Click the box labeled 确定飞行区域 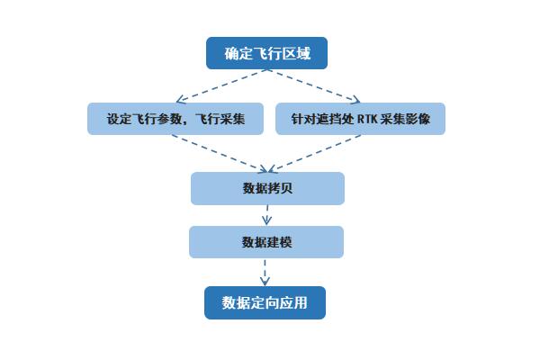pos(266,53)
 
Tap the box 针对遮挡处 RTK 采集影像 pos(360,119)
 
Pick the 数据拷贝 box pos(267,188)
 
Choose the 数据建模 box pos(266,242)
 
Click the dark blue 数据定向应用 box pos(265,302)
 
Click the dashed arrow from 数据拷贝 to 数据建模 pos(266,215)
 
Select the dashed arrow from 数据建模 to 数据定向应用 pos(265,272)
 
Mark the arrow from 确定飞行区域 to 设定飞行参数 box pos(220,85)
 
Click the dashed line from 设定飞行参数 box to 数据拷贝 pos(221,153)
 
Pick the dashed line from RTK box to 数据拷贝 pos(315,153)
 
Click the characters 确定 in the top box pos(234,53)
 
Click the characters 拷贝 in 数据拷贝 pos(280,188)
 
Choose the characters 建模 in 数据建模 pos(279,242)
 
